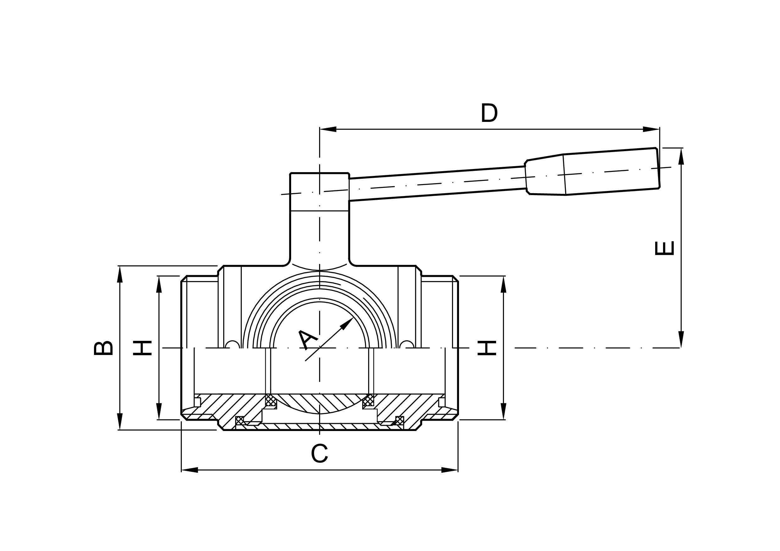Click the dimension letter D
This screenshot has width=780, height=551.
[x=489, y=113]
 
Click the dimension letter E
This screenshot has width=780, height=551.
[x=664, y=248]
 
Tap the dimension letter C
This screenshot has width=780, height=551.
[x=319, y=454]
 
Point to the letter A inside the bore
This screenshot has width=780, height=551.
[x=307, y=340]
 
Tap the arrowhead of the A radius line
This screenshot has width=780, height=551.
[x=347, y=323]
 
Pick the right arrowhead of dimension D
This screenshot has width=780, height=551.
[x=651, y=129]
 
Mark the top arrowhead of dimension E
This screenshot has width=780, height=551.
[x=681, y=156]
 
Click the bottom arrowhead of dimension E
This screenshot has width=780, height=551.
[x=681, y=340]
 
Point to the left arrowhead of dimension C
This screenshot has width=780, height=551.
[x=190, y=470]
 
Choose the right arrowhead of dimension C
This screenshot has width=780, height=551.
[x=450, y=470]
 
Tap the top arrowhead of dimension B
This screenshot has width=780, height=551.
[x=119, y=274]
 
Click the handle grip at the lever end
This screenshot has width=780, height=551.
[x=611, y=171]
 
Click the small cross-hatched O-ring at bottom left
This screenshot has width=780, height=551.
[x=240, y=421]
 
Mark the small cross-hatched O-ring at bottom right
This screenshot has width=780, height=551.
[x=400, y=421]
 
